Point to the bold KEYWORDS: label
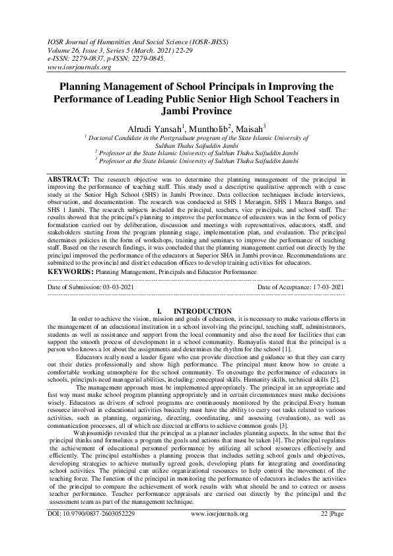(71, 271)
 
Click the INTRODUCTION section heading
(202, 311)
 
